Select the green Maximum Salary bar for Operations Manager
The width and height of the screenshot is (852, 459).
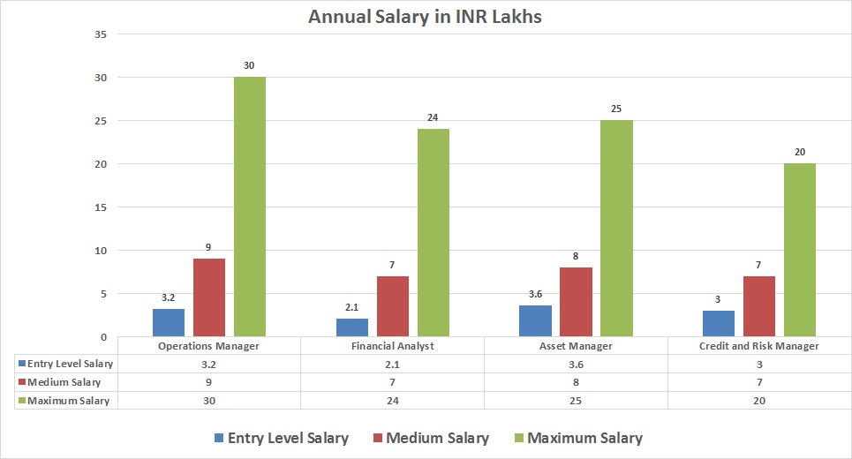pyautogui.click(x=250, y=207)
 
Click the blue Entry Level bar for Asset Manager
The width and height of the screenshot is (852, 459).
pyautogui.click(x=535, y=320)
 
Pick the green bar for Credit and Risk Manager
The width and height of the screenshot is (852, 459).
pyautogui.click(x=800, y=250)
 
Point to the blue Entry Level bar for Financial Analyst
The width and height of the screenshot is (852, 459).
pyautogui.click(x=351, y=327)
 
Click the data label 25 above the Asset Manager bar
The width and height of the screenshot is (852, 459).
pyautogui.click(x=616, y=109)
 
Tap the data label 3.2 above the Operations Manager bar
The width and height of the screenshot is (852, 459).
pyautogui.click(x=168, y=297)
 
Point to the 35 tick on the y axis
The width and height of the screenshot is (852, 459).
pyautogui.click(x=100, y=34)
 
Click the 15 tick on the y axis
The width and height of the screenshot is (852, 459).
pyautogui.click(x=100, y=207)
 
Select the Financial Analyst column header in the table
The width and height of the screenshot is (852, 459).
pyautogui.click(x=392, y=346)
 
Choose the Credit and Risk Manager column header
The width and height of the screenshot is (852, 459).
pyautogui.click(x=759, y=346)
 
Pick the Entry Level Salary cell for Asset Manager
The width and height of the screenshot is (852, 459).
pyautogui.click(x=576, y=364)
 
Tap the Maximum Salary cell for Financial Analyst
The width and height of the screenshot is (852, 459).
pyautogui.click(x=392, y=401)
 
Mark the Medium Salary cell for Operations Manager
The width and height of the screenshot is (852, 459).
pyautogui.click(x=208, y=382)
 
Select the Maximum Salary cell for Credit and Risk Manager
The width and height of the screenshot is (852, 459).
pyautogui.click(x=759, y=401)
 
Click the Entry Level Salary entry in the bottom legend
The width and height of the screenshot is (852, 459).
pyautogui.click(x=280, y=438)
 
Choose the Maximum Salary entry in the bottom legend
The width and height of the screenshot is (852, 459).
pyautogui.click(x=577, y=438)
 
